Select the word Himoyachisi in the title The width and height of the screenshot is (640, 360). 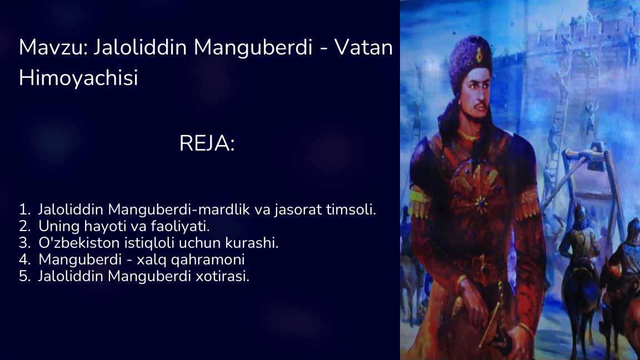click(x=78, y=78)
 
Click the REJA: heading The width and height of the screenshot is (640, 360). click(x=207, y=144)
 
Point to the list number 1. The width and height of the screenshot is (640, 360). click(x=23, y=210)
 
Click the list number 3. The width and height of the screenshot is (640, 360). click(x=23, y=243)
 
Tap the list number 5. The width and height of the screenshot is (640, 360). click(x=23, y=277)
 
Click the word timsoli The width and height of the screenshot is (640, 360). click(x=357, y=210)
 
